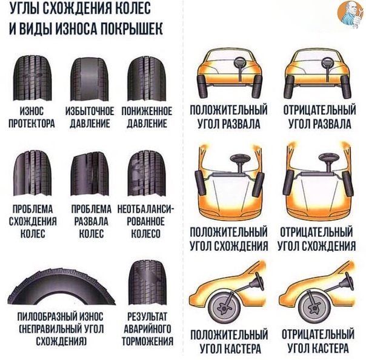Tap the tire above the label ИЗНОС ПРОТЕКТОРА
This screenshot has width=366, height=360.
pyautogui.click(x=32, y=78)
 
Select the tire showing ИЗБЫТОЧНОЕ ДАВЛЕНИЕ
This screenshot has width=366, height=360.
pyautogui.click(x=90, y=79)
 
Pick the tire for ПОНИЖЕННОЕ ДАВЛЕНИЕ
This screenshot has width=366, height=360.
pyautogui.click(x=147, y=79)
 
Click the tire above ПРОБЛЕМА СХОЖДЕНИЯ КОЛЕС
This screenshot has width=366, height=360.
pyautogui.click(x=33, y=173)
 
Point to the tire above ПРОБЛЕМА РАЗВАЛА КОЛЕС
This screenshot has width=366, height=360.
pyautogui.click(x=90, y=174)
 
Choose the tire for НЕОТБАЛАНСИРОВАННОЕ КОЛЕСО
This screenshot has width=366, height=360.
pyautogui.click(x=147, y=173)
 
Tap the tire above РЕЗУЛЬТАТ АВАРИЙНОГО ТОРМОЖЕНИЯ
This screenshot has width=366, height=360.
pyautogui.click(x=147, y=282)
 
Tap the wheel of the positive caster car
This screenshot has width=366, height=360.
pyautogui.click(x=224, y=306)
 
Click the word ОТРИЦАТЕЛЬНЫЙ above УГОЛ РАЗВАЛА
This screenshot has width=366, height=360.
pyautogui.click(x=319, y=110)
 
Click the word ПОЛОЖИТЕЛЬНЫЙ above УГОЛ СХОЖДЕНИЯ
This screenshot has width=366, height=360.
pyautogui.click(x=229, y=232)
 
